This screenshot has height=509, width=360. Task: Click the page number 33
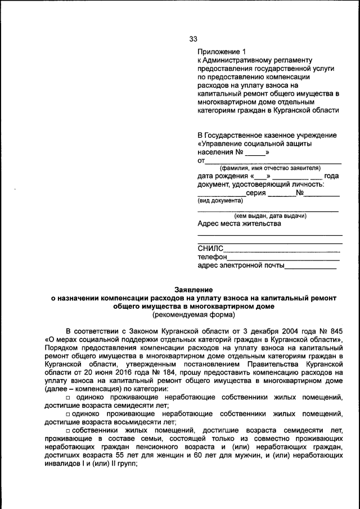click(193, 39)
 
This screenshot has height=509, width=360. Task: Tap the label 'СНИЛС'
click(210, 249)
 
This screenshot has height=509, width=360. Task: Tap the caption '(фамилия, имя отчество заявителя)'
click(269, 168)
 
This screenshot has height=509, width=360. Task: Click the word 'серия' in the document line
click(256, 192)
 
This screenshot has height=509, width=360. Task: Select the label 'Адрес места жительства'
click(239, 224)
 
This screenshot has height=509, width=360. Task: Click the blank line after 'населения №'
click(256, 152)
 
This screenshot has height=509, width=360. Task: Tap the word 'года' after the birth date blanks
click(332, 176)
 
